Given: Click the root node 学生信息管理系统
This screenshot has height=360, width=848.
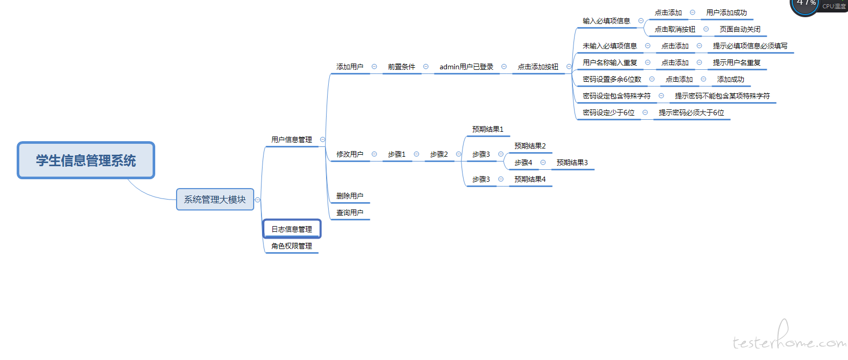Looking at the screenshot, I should pos(86,160).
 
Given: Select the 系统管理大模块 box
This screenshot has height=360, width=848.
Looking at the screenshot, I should pos(215,200).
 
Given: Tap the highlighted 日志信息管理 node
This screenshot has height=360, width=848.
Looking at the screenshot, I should pos(292,229).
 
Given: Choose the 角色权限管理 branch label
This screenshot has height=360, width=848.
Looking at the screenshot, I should pos(292,246).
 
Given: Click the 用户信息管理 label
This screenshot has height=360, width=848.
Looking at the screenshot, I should pos(292,140).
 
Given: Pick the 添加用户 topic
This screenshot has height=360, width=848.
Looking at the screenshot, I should pos(350,67).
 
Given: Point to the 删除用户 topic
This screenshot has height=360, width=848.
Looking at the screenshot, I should pos(350,196).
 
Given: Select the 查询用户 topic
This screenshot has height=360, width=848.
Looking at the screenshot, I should pos(350,213).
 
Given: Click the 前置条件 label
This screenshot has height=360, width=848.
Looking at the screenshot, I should pos(401,67).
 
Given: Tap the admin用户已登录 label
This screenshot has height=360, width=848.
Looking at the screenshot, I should pos(466,67).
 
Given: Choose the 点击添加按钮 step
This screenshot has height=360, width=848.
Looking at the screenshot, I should pos(538,67).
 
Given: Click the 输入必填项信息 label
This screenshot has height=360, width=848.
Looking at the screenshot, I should pos(606,21).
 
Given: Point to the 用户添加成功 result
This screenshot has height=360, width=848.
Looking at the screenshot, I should pos(726,13).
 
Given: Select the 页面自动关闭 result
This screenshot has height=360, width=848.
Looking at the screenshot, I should pos(740,29).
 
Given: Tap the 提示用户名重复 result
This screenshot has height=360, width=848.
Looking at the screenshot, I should pos(737,63).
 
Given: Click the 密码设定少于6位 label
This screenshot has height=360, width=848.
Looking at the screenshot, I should pos(608,113).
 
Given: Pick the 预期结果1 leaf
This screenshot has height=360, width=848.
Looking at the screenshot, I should pos(488,129).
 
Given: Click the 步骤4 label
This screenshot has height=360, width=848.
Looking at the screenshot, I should pos(523,163).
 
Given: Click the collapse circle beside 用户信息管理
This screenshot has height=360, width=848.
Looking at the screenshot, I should pos(322,140).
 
